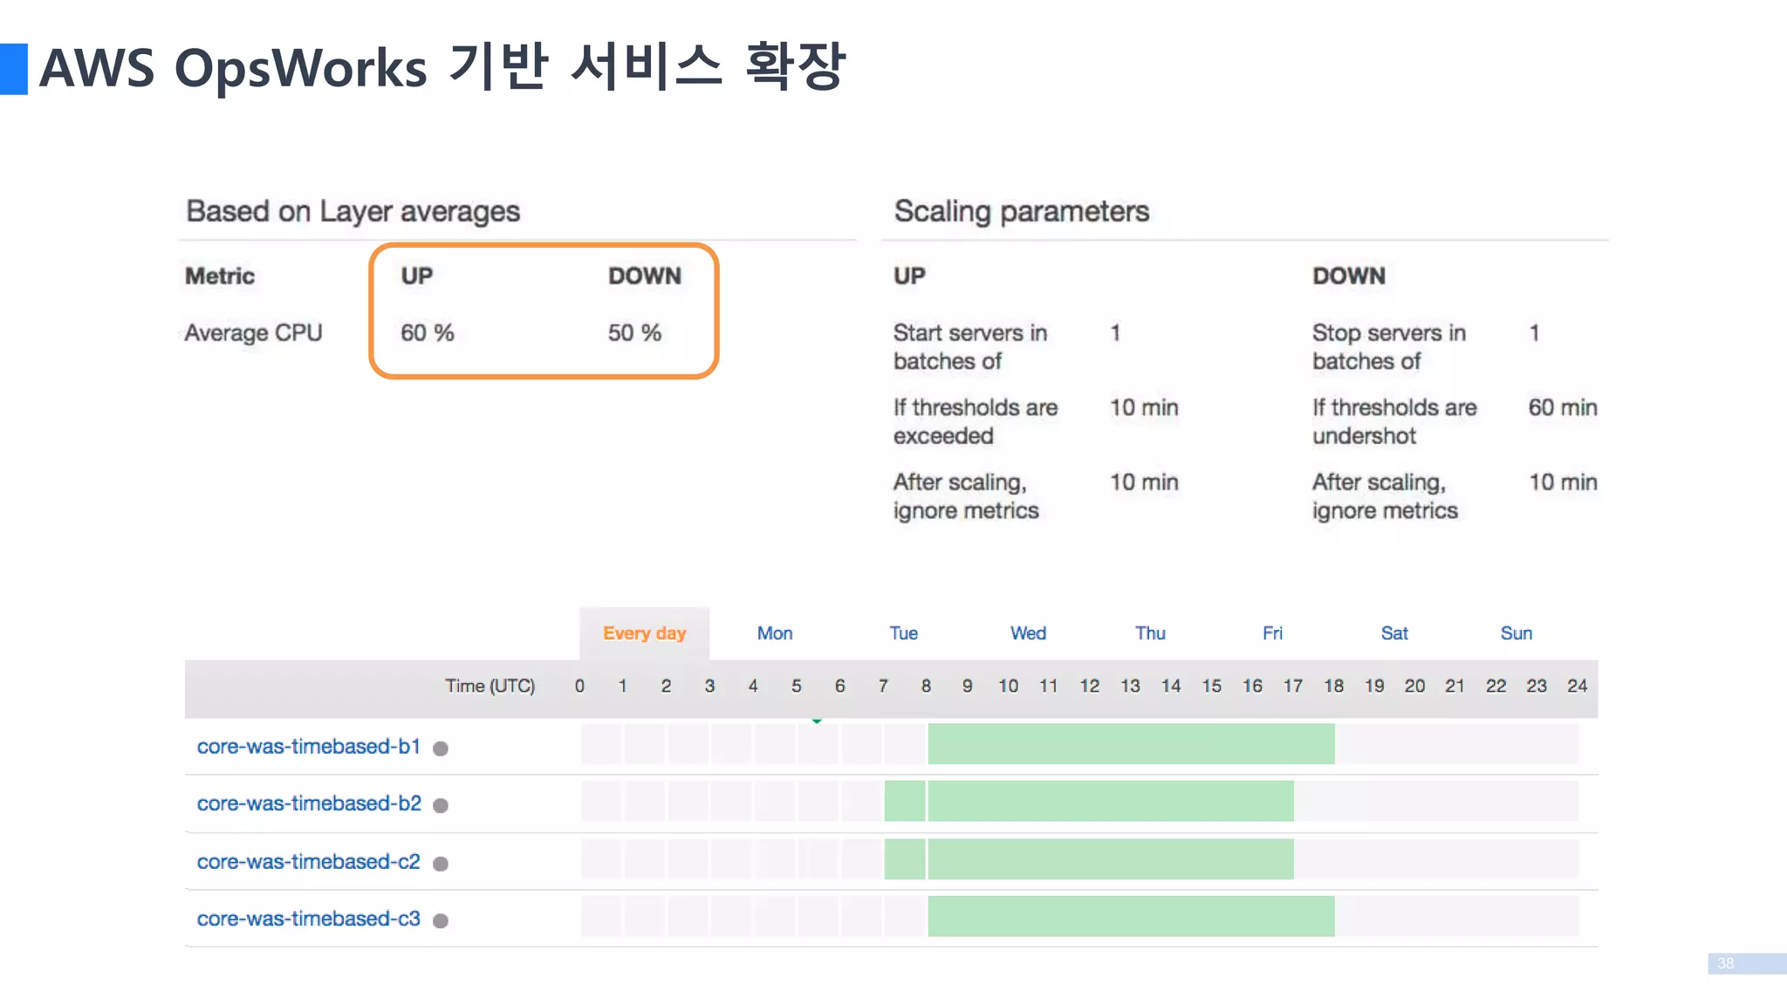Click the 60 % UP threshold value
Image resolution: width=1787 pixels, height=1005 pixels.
coord(427,333)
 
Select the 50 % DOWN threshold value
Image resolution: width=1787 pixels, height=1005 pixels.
coord(634,333)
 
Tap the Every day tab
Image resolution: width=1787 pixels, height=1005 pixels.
coord(644,633)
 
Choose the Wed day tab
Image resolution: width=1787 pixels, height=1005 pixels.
coord(1028,633)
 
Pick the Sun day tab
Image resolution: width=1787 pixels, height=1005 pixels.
coord(1516,633)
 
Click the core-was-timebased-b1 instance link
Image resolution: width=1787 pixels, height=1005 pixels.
coord(308,747)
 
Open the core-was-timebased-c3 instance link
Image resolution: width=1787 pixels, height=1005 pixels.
coord(308,919)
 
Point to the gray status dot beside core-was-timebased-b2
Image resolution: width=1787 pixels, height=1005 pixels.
coord(441,805)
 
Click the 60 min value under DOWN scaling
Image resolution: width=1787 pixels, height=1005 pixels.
coord(1562,407)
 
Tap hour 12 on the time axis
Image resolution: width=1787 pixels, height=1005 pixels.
coord(1089,686)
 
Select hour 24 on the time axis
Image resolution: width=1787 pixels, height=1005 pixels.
coord(1577,686)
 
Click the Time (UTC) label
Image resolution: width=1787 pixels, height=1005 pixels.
coord(490,686)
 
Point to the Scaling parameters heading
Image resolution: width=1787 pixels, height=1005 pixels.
coord(1021,211)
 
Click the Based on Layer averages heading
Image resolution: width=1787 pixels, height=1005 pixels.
coord(353,211)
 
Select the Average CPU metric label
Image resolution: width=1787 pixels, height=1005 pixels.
coord(253,333)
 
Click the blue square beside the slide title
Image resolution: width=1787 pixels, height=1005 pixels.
coord(13,69)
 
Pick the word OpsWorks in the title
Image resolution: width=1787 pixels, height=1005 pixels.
coord(300,68)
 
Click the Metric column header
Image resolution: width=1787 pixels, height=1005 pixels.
coord(220,276)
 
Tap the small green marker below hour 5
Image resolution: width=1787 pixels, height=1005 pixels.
coord(817,721)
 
